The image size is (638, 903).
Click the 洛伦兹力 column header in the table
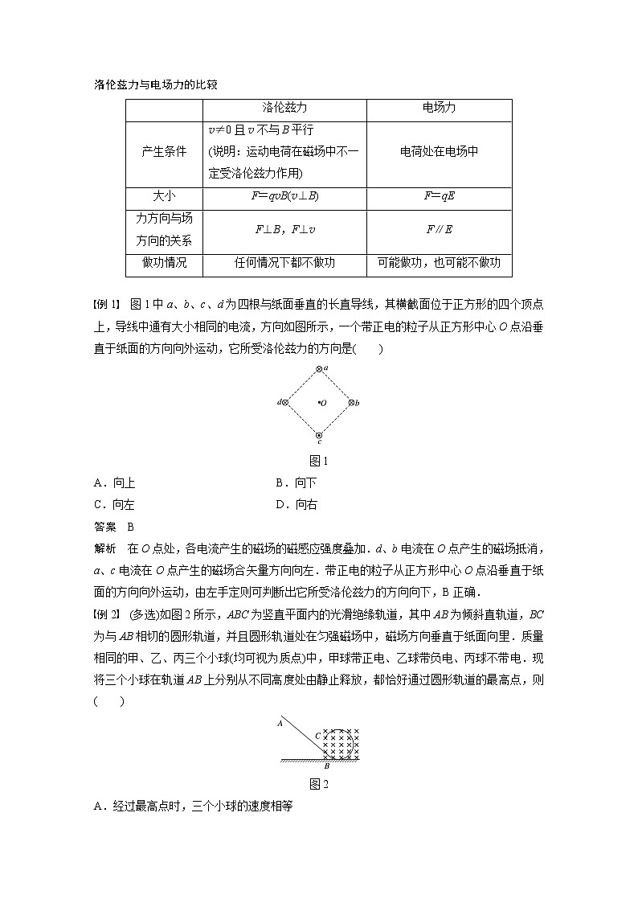click(x=285, y=107)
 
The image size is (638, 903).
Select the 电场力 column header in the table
click(x=440, y=107)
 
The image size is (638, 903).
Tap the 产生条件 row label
click(x=164, y=152)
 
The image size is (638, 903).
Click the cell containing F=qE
click(x=440, y=197)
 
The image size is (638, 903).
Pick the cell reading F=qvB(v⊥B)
click(x=285, y=197)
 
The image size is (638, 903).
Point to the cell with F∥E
click(x=440, y=230)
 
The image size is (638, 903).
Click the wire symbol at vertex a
click(x=319, y=369)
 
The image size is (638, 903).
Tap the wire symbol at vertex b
click(x=351, y=402)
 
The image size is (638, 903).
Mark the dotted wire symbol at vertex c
click(x=319, y=435)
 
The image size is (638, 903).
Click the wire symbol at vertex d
click(x=286, y=402)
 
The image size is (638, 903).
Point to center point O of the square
click(x=320, y=402)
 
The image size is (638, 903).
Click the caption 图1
click(x=320, y=461)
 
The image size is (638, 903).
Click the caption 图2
click(x=320, y=783)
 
